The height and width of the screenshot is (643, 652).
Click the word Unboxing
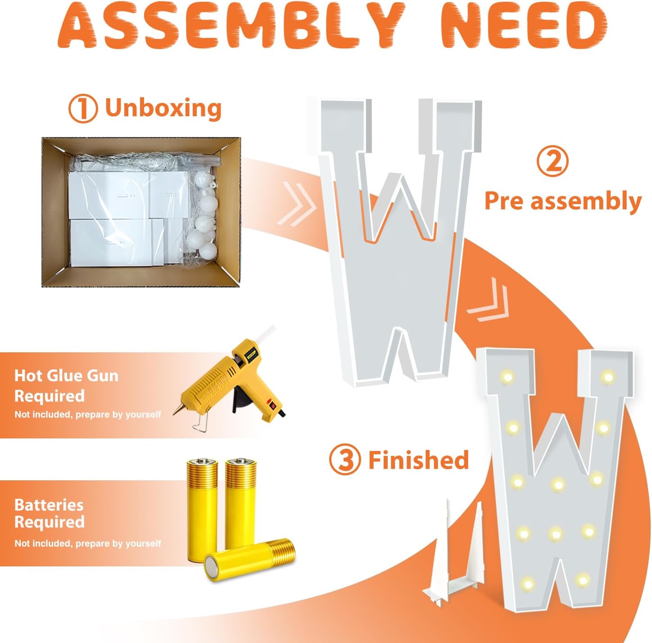coord(163,108)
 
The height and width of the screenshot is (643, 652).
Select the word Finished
coord(419,460)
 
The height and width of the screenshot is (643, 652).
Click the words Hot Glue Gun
coord(66,376)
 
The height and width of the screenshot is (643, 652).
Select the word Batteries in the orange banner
coord(49,505)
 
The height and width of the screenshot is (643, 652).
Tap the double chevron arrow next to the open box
coord(297,204)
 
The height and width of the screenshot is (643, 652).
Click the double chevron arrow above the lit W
coord(488,300)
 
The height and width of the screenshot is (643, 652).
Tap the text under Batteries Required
coord(88,544)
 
